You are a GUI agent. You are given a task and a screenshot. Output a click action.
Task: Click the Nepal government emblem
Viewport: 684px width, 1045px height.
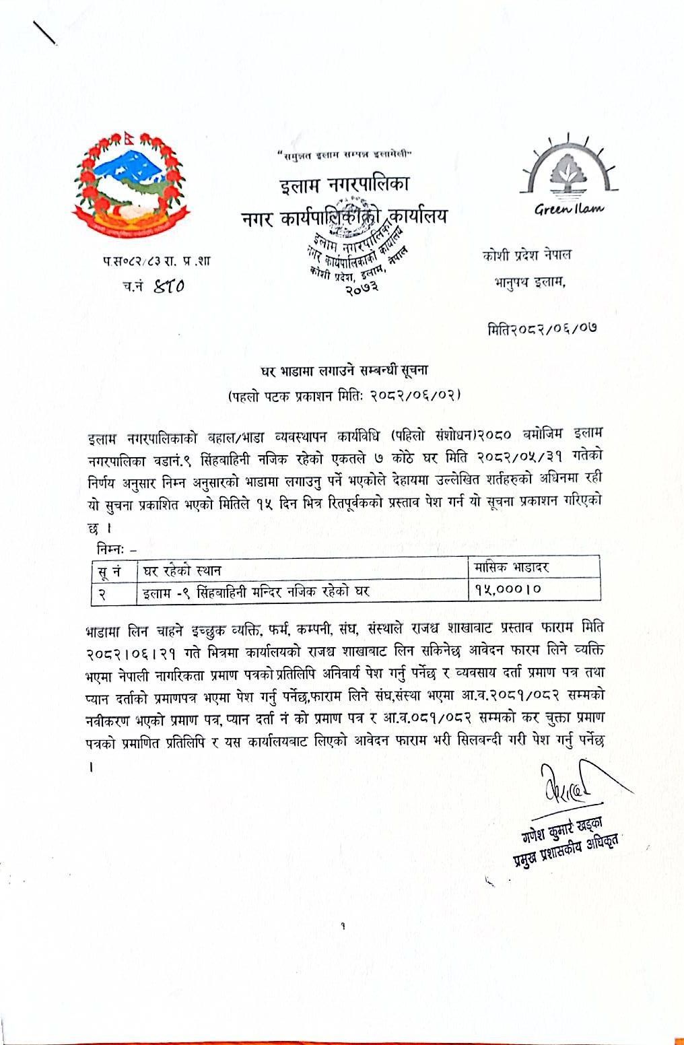pyautogui.click(x=121, y=184)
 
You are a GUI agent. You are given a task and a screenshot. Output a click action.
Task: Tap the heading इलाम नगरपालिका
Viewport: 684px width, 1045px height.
pyautogui.click(x=345, y=184)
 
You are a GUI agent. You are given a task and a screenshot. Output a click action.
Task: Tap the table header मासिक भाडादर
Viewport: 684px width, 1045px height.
pyautogui.click(x=510, y=567)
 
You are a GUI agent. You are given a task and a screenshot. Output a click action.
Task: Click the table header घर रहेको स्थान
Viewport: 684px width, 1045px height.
pyautogui.click(x=179, y=571)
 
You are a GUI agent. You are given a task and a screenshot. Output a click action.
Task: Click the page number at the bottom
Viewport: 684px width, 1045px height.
pyautogui.click(x=343, y=926)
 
